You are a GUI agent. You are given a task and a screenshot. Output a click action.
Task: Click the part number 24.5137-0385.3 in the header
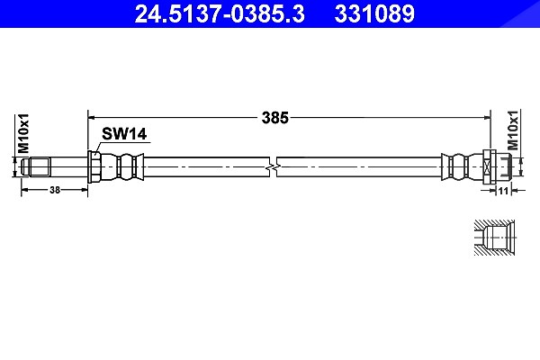pyautogui.click(x=220, y=13)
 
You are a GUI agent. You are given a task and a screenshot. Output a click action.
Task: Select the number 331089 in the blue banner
pyautogui.click(x=374, y=13)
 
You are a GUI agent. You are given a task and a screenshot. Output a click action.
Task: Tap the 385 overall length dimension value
pyautogui.click(x=274, y=118)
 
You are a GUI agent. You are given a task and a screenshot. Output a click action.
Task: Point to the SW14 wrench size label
pyautogui.click(x=124, y=134)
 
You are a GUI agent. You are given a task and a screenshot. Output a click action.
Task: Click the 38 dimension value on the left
pyautogui.click(x=55, y=190)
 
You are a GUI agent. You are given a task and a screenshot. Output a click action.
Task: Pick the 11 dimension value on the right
pyautogui.click(x=503, y=191)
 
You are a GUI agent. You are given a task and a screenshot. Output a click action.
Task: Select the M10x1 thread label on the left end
pyautogui.click(x=23, y=134)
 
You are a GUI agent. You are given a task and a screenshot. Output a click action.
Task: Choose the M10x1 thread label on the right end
pyautogui.click(x=513, y=130)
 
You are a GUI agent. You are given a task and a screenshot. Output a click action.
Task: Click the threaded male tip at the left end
pyautogui.click(x=36, y=167)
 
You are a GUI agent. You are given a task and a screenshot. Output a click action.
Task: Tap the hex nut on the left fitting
pyautogui.click(x=94, y=167)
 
